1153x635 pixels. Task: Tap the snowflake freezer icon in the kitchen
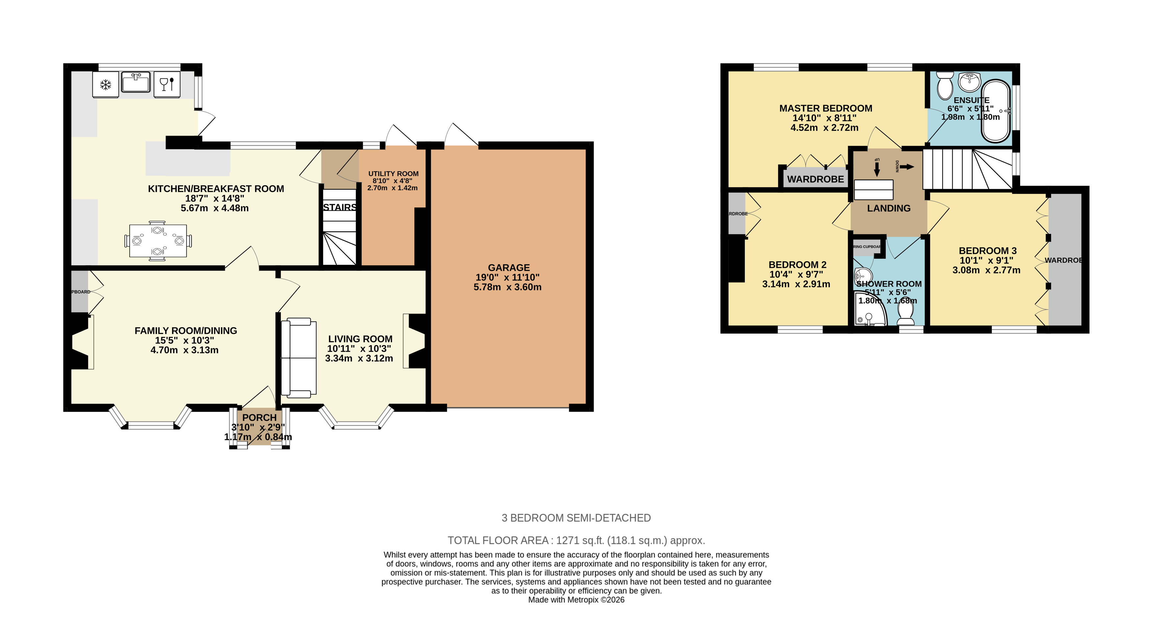click(x=106, y=84)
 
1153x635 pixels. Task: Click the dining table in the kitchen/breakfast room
click(x=158, y=241)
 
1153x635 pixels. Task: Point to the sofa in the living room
click(x=299, y=358)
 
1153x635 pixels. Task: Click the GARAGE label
click(x=508, y=268)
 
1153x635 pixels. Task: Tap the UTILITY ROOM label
click(x=393, y=174)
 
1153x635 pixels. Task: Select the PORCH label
click(x=259, y=417)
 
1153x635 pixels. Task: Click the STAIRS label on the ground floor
click(x=340, y=207)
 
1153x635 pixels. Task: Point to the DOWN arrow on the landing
click(x=906, y=167)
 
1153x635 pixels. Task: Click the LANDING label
click(x=889, y=208)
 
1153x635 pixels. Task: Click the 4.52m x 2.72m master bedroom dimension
click(x=824, y=128)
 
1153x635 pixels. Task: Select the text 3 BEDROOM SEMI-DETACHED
click(x=576, y=518)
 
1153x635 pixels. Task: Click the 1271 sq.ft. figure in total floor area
click(x=580, y=540)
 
